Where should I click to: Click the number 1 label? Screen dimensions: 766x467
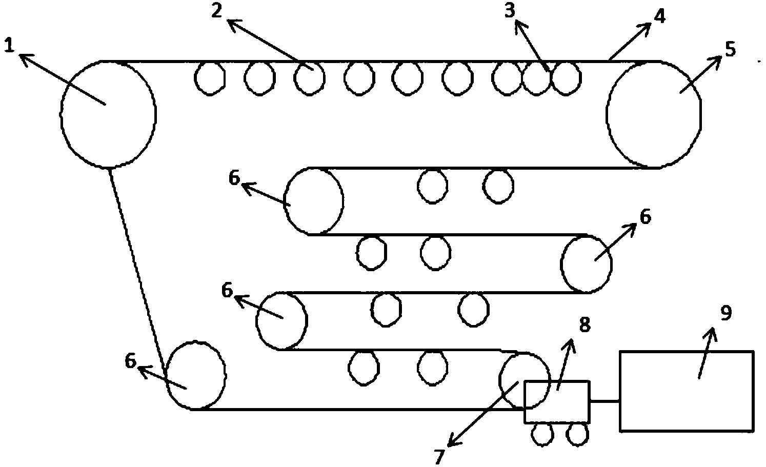[9, 46]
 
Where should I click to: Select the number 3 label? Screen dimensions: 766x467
[509, 11]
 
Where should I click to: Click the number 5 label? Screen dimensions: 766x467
[730, 49]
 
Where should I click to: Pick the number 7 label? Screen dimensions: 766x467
[438, 456]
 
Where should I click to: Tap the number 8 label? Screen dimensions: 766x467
[585, 324]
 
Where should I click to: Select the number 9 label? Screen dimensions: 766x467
[726, 313]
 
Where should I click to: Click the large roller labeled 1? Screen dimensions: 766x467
[108, 114]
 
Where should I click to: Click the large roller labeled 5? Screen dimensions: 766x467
[653, 114]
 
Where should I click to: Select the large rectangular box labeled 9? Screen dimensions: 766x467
[686, 391]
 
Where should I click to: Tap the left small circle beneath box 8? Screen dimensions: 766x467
[542, 434]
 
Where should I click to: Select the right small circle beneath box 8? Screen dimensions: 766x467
[577, 434]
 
